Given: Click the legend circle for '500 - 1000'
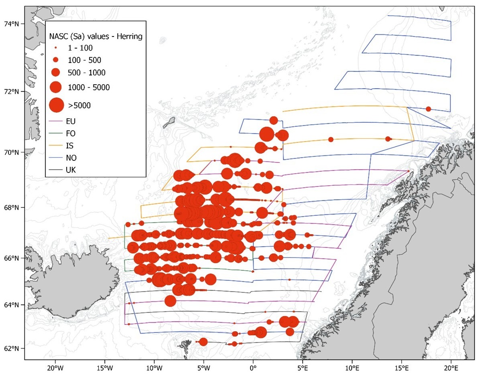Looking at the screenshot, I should (56, 73).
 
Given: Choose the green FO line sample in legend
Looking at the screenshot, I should (56, 133).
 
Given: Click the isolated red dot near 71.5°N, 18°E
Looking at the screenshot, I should (428, 109).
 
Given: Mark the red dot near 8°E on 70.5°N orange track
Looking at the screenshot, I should (331, 140).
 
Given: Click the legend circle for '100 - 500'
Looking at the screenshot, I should (56, 60).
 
